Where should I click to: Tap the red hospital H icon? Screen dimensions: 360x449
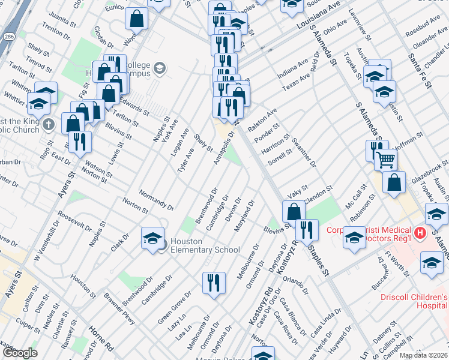[420, 232]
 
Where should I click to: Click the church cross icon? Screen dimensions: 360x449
[50, 125]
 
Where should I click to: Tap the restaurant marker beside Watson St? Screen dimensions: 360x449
[79, 142]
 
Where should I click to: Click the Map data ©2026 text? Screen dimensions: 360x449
[423, 355]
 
